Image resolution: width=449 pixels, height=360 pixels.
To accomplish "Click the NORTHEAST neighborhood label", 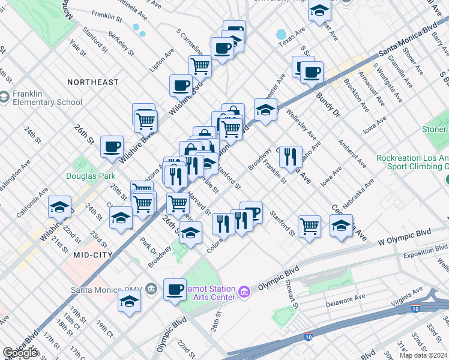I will pos(93,82).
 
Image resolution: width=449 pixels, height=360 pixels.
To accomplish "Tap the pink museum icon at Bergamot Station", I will pos(244,292).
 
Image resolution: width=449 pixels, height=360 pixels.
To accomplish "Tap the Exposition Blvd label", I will pos(426,247).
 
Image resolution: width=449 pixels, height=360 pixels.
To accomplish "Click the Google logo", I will pos(20,353).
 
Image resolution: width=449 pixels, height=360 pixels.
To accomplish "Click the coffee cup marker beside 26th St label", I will pos(112,147).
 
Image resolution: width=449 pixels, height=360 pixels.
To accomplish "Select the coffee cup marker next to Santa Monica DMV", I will pos(175,289).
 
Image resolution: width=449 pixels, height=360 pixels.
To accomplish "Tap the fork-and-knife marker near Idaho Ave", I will pos(291,157).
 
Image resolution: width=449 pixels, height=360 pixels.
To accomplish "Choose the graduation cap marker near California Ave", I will pos(59,208).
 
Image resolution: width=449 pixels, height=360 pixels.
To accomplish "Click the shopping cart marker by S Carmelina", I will pos(200,66).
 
